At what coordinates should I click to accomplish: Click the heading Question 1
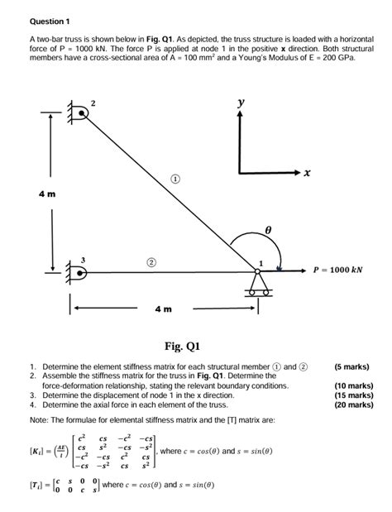49,20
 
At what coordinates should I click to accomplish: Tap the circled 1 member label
175,178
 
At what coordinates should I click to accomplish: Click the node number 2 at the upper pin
93,103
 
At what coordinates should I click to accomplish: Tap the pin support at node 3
77,273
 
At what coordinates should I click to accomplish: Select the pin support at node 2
78,113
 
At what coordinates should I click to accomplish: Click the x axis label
307,173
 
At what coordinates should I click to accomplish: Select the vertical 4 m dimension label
46,194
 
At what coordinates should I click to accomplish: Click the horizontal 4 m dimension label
162,309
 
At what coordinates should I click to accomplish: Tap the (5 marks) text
351,366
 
